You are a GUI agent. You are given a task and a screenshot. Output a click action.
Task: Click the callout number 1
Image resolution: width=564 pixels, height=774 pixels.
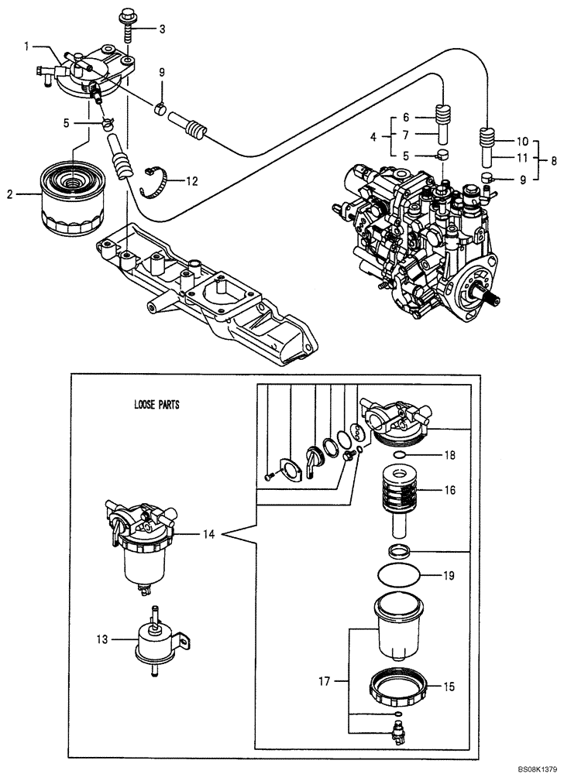point(27,46)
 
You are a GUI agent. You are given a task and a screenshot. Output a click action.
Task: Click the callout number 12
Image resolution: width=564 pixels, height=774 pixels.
point(191,181)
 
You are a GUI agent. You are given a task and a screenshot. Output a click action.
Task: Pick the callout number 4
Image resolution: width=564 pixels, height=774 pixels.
point(374,137)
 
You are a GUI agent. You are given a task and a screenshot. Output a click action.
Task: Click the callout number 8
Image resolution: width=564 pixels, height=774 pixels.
point(552,163)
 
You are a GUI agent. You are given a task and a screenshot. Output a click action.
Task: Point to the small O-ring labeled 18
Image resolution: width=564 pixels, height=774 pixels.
point(400,457)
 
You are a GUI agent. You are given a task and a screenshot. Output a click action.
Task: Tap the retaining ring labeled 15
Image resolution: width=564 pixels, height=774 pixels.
point(401,683)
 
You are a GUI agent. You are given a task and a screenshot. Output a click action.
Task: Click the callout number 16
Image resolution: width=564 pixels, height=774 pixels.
point(449,491)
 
